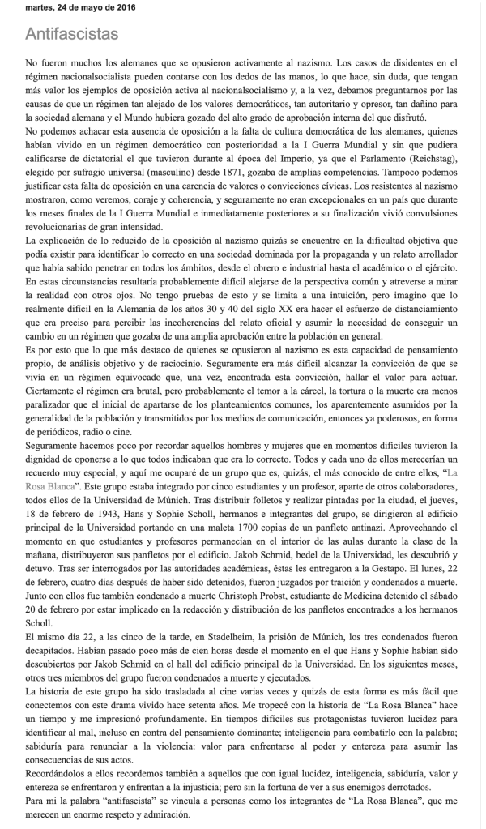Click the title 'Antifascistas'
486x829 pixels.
[72, 34]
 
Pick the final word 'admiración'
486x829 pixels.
[164, 814]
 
